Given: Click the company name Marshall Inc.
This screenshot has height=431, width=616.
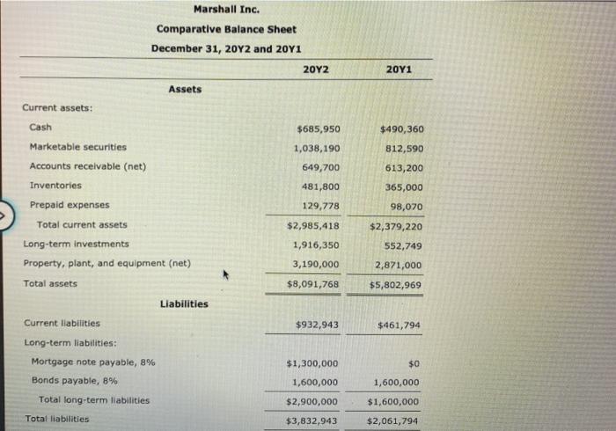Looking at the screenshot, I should point(226,11).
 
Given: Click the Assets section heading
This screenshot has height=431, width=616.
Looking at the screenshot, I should point(185,89).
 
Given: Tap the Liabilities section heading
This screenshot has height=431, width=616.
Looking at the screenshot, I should point(184,304).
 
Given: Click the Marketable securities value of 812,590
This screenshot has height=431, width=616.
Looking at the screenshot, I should point(401,148).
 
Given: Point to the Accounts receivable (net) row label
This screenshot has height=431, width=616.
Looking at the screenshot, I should point(88,166).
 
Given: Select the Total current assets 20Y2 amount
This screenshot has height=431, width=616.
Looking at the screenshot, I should point(313,225).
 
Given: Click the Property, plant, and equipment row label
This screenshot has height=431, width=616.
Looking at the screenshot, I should point(106,263).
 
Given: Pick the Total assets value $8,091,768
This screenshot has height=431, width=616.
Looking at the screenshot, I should point(313,283).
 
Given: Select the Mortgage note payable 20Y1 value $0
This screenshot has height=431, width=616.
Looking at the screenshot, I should point(413,363).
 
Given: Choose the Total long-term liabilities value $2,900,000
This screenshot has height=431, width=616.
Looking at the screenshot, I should point(312,400).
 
